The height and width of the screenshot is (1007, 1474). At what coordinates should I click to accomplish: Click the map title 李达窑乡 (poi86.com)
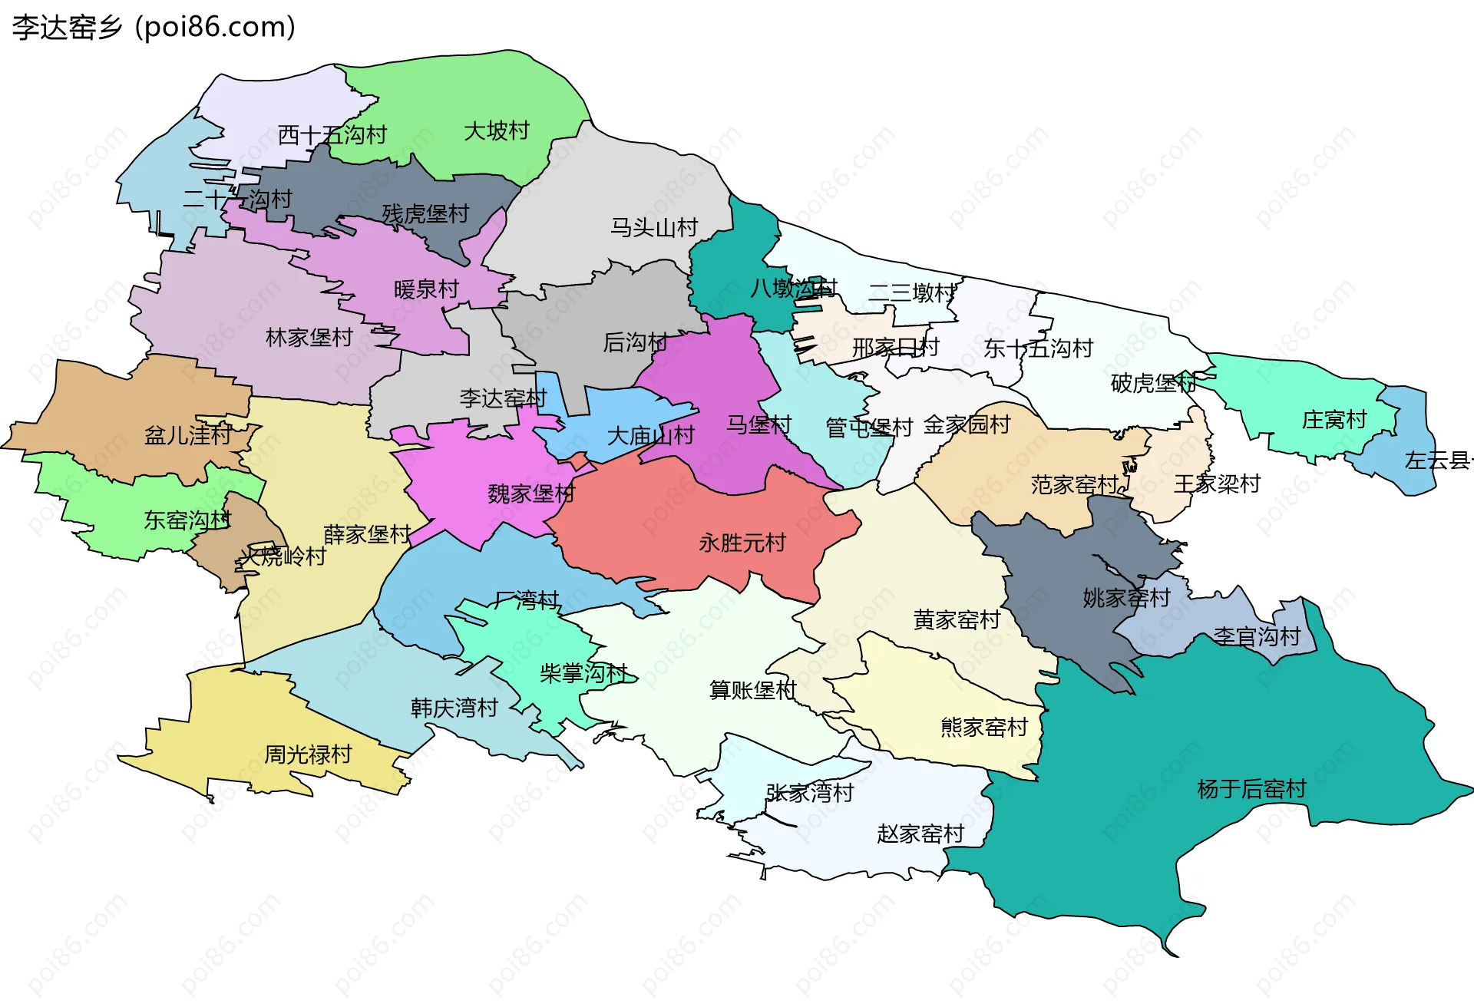[154, 28]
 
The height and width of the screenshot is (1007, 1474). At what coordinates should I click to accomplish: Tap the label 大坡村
[497, 131]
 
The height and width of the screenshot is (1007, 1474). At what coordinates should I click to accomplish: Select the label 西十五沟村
[332, 136]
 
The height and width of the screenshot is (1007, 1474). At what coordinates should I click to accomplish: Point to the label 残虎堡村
[425, 214]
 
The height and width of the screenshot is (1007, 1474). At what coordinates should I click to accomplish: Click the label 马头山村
[654, 228]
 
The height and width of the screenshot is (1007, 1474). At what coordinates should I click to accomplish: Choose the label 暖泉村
[426, 289]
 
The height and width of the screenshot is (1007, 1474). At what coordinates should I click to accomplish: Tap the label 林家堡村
[309, 338]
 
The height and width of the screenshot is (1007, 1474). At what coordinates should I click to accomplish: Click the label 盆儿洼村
[188, 436]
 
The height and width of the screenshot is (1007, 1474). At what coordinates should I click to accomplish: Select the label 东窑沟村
[187, 520]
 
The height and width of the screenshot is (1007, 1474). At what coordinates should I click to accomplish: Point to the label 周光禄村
[308, 754]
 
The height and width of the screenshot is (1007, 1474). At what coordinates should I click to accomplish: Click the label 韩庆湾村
[454, 708]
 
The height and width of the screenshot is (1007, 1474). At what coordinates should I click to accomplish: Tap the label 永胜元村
[742, 543]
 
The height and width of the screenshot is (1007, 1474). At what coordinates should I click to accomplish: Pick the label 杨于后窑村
[1251, 789]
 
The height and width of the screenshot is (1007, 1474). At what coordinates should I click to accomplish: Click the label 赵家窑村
[920, 834]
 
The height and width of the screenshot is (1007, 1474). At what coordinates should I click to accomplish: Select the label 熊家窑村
[984, 727]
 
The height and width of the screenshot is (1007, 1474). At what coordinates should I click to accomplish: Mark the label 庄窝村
[1334, 420]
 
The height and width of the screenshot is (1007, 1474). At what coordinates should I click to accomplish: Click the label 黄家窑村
[957, 619]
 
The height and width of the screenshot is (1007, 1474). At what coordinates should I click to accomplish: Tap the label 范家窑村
[1074, 485]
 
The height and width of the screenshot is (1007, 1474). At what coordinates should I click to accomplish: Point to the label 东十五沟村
[1038, 349]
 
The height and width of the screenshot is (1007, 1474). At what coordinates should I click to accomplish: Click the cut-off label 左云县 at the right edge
[1438, 461]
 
